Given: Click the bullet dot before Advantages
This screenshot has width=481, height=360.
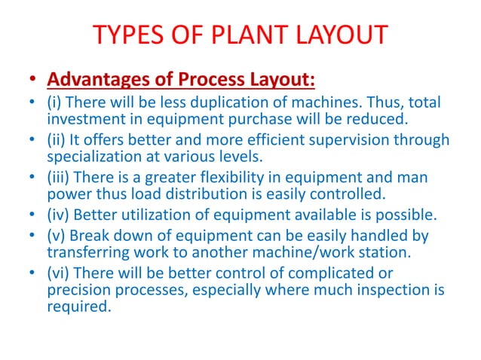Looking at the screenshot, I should point(31,78).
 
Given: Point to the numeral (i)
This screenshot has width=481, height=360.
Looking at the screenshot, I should point(57,102).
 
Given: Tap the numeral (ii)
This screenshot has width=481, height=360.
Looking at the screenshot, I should point(59,140).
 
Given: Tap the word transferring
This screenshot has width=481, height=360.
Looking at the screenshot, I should point(88,254).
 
